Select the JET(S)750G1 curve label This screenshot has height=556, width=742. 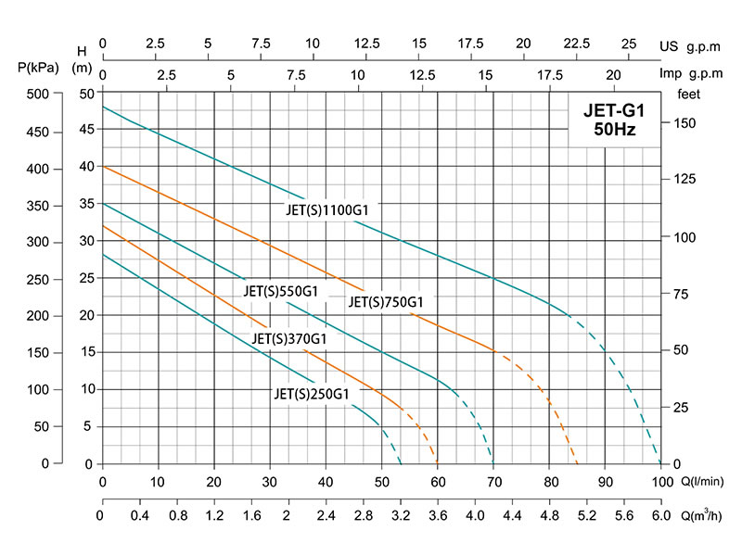[386, 301]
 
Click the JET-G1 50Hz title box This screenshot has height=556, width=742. [614, 120]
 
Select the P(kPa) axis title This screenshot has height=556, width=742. [38, 67]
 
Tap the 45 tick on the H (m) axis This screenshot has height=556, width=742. [85, 130]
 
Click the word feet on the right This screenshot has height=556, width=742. [688, 94]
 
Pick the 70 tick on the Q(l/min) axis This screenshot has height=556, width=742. [493, 481]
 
